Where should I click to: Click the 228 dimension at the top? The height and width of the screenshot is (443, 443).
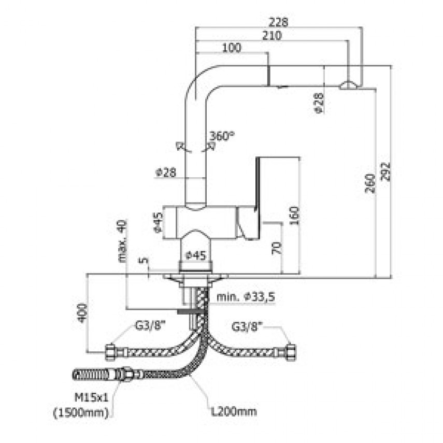coord(279,22)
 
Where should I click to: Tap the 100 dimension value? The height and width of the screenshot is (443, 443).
coord(232,48)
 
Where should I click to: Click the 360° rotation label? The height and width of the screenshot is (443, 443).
coord(222,136)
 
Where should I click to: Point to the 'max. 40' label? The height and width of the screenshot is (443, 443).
coord(122,241)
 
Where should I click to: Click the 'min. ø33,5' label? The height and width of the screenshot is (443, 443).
coord(246,297)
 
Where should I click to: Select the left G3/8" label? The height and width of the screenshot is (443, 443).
coord(150,326)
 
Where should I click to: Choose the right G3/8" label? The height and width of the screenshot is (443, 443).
coord(247,326)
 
